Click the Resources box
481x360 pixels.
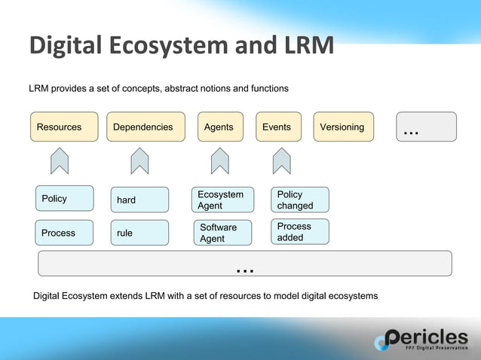(x=64, y=127)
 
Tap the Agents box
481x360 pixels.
(x=219, y=127)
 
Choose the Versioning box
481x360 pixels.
(x=343, y=127)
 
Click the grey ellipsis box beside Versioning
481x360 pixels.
(x=426, y=127)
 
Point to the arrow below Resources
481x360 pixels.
(x=60, y=160)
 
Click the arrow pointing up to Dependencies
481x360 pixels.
(x=139, y=160)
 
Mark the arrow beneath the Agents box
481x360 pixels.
(x=219, y=160)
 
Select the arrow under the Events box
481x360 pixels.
(x=282, y=160)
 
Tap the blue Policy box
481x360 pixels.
(x=65, y=199)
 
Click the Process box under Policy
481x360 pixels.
(x=65, y=233)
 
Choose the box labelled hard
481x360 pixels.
(x=139, y=200)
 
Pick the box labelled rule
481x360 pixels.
(x=139, y=233)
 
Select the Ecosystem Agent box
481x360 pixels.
(x=222, y=200)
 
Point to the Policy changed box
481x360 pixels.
(x=300, y=200)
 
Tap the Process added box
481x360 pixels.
(x=300, y=232)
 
